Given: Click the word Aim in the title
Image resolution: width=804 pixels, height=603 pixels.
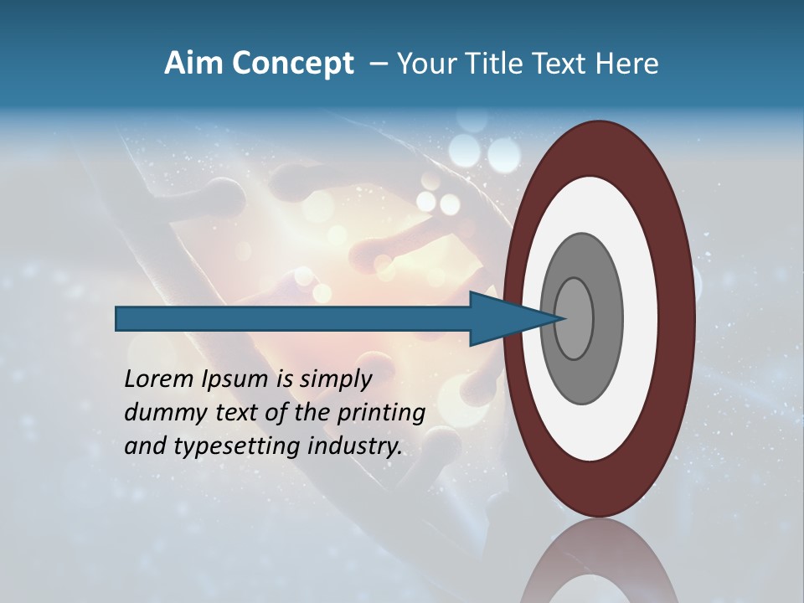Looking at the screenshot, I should coord(193,64).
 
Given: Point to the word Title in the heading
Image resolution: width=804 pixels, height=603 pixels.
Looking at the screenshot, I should coord(493,64).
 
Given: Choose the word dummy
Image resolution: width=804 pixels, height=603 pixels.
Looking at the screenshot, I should coord(158,413).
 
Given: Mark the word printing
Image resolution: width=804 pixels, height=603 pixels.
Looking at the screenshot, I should coord(382,414).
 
